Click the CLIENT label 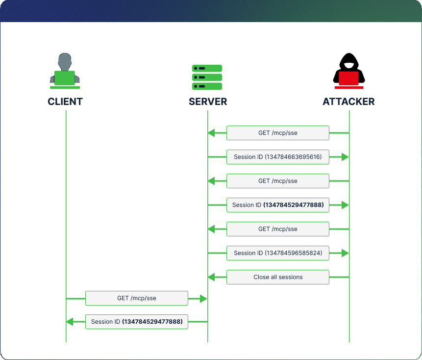65,102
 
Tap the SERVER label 208,102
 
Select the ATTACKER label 348,102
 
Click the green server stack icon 207,77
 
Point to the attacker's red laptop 348,79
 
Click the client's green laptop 65,78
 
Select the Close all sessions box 278,277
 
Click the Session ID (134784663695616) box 278,157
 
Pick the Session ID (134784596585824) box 278,253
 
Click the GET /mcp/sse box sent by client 137,298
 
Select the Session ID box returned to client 137,322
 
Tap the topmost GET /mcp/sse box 278,133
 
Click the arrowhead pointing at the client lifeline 70,322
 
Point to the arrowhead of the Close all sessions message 211,277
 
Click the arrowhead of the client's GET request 204,298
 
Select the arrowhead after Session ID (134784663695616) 345,157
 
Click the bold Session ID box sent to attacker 278,205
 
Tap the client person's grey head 65,62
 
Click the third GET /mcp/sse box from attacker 278,229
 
